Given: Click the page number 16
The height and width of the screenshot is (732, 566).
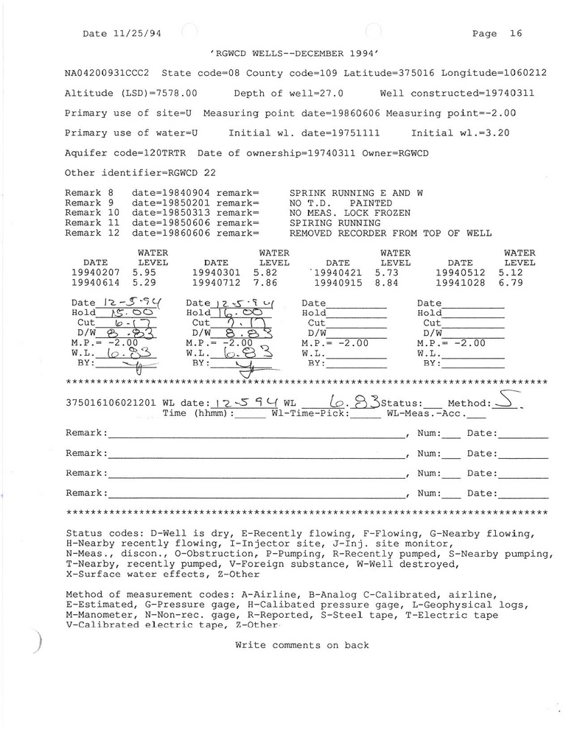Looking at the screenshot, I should click(x=515, y=34).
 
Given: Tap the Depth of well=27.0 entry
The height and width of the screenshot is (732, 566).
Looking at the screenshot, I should click(x=289, y=94).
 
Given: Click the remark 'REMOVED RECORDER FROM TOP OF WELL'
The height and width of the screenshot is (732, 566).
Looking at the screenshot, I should click(x=391, y=233).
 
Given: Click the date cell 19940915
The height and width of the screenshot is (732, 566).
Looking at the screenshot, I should click(x=338, y=282).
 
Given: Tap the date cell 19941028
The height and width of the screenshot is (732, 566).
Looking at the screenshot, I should click(x=460, y=282).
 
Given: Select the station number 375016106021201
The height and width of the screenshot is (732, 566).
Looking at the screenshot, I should click(x=111, y=404).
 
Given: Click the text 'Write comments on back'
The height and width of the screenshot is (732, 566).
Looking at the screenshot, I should click(x=302, y=645).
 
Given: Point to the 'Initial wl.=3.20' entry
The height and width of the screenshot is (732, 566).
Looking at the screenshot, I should click(x=460, y=133).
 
